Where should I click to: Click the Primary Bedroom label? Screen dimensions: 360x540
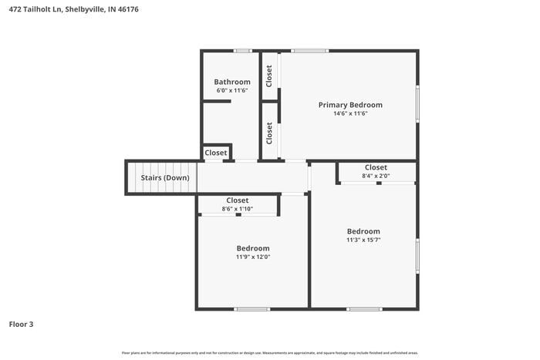point(350,105)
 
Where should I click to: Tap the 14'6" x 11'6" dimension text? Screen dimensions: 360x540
point(350,113)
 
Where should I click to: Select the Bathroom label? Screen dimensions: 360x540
point(231,82)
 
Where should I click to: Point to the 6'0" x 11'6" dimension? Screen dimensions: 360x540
point(231,91)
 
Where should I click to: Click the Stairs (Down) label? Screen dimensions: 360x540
point(164,178)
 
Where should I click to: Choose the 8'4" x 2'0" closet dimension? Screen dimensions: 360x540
point(376,176)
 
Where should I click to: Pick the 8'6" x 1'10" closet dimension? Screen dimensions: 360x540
point(237,208)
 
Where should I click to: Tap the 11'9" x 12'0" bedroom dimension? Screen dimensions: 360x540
point(252,257)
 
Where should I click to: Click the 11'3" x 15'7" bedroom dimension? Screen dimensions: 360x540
point(363,240)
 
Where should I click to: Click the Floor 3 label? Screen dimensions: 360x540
point(21,325)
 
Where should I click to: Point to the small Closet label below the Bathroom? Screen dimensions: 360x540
point(216,153)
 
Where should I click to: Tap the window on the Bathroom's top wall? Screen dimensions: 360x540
point(243,51)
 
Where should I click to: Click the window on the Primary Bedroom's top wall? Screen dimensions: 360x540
point(309,51)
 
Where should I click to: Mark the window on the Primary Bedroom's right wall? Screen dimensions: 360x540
point(417,103)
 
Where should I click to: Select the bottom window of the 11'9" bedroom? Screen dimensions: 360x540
point(252,309)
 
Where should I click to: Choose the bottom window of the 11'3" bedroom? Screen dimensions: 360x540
point(363,309)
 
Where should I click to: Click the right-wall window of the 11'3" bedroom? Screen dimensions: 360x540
point(417,256)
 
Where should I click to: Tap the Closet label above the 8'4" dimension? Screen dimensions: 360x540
point(376,167)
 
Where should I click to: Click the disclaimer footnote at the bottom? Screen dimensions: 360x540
point(269,353)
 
